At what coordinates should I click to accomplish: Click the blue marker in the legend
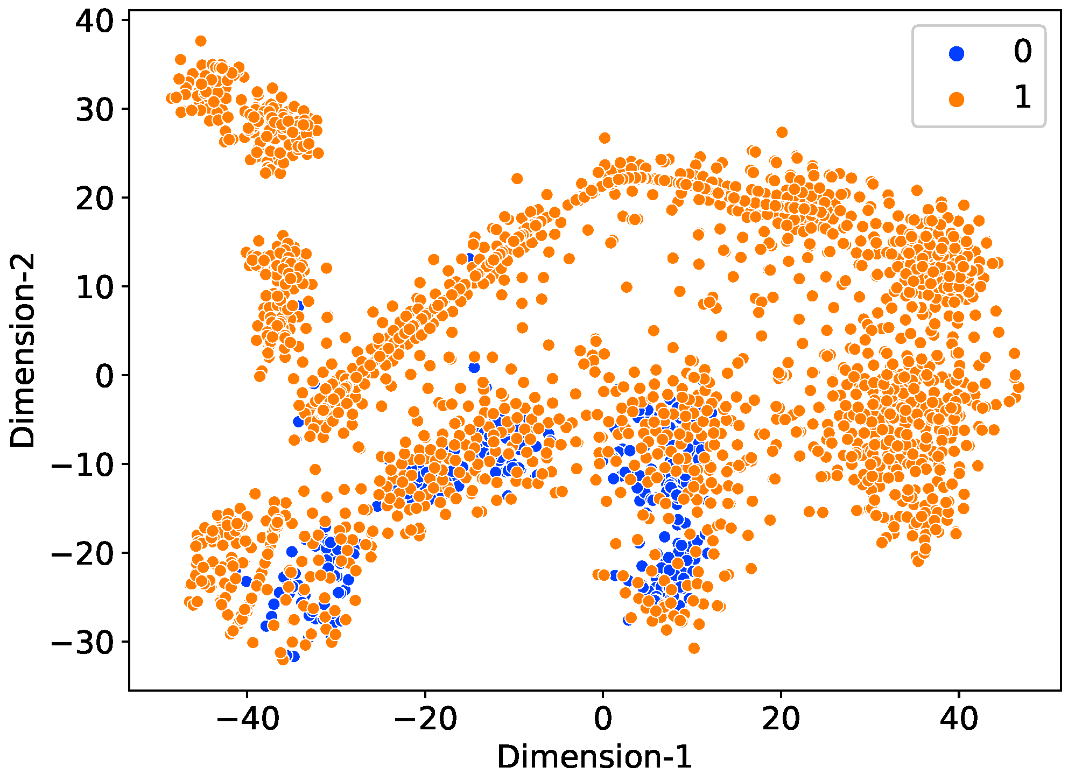click(x=957, y=53)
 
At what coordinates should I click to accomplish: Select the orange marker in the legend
click(x=957, y=99)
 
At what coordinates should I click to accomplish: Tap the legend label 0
click(x=1022, y=52)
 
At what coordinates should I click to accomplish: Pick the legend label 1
click(x=1022, y=98)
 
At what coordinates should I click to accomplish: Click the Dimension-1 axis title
click(x=594, y=757)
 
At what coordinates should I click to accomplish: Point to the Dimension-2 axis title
click(x=23, y=350)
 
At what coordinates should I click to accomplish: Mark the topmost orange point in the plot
click(x=201, y=41)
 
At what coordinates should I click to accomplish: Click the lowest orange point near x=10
click(x=694, y=648)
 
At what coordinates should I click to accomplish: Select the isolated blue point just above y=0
click(x=474, y=368)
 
